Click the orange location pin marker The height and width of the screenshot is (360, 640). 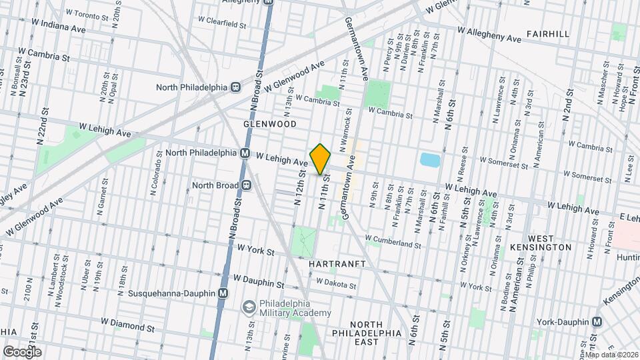(x=320, y=159)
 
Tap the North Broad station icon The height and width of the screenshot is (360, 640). (x=246, y=185)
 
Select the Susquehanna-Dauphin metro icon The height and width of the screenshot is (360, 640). (x=223, y=293)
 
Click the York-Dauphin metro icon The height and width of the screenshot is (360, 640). (x=596, y=321)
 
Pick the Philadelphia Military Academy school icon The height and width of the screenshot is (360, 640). (x=249, y=306)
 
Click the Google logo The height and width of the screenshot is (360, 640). (x=21, y=351)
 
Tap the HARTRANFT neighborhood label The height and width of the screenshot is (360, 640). (x=337, y=264)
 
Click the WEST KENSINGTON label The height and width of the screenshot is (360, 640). (x=550, y=242)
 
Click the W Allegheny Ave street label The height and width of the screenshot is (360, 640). (x=489, y=35)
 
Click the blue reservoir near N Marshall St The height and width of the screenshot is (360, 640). (x=430, y=160)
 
